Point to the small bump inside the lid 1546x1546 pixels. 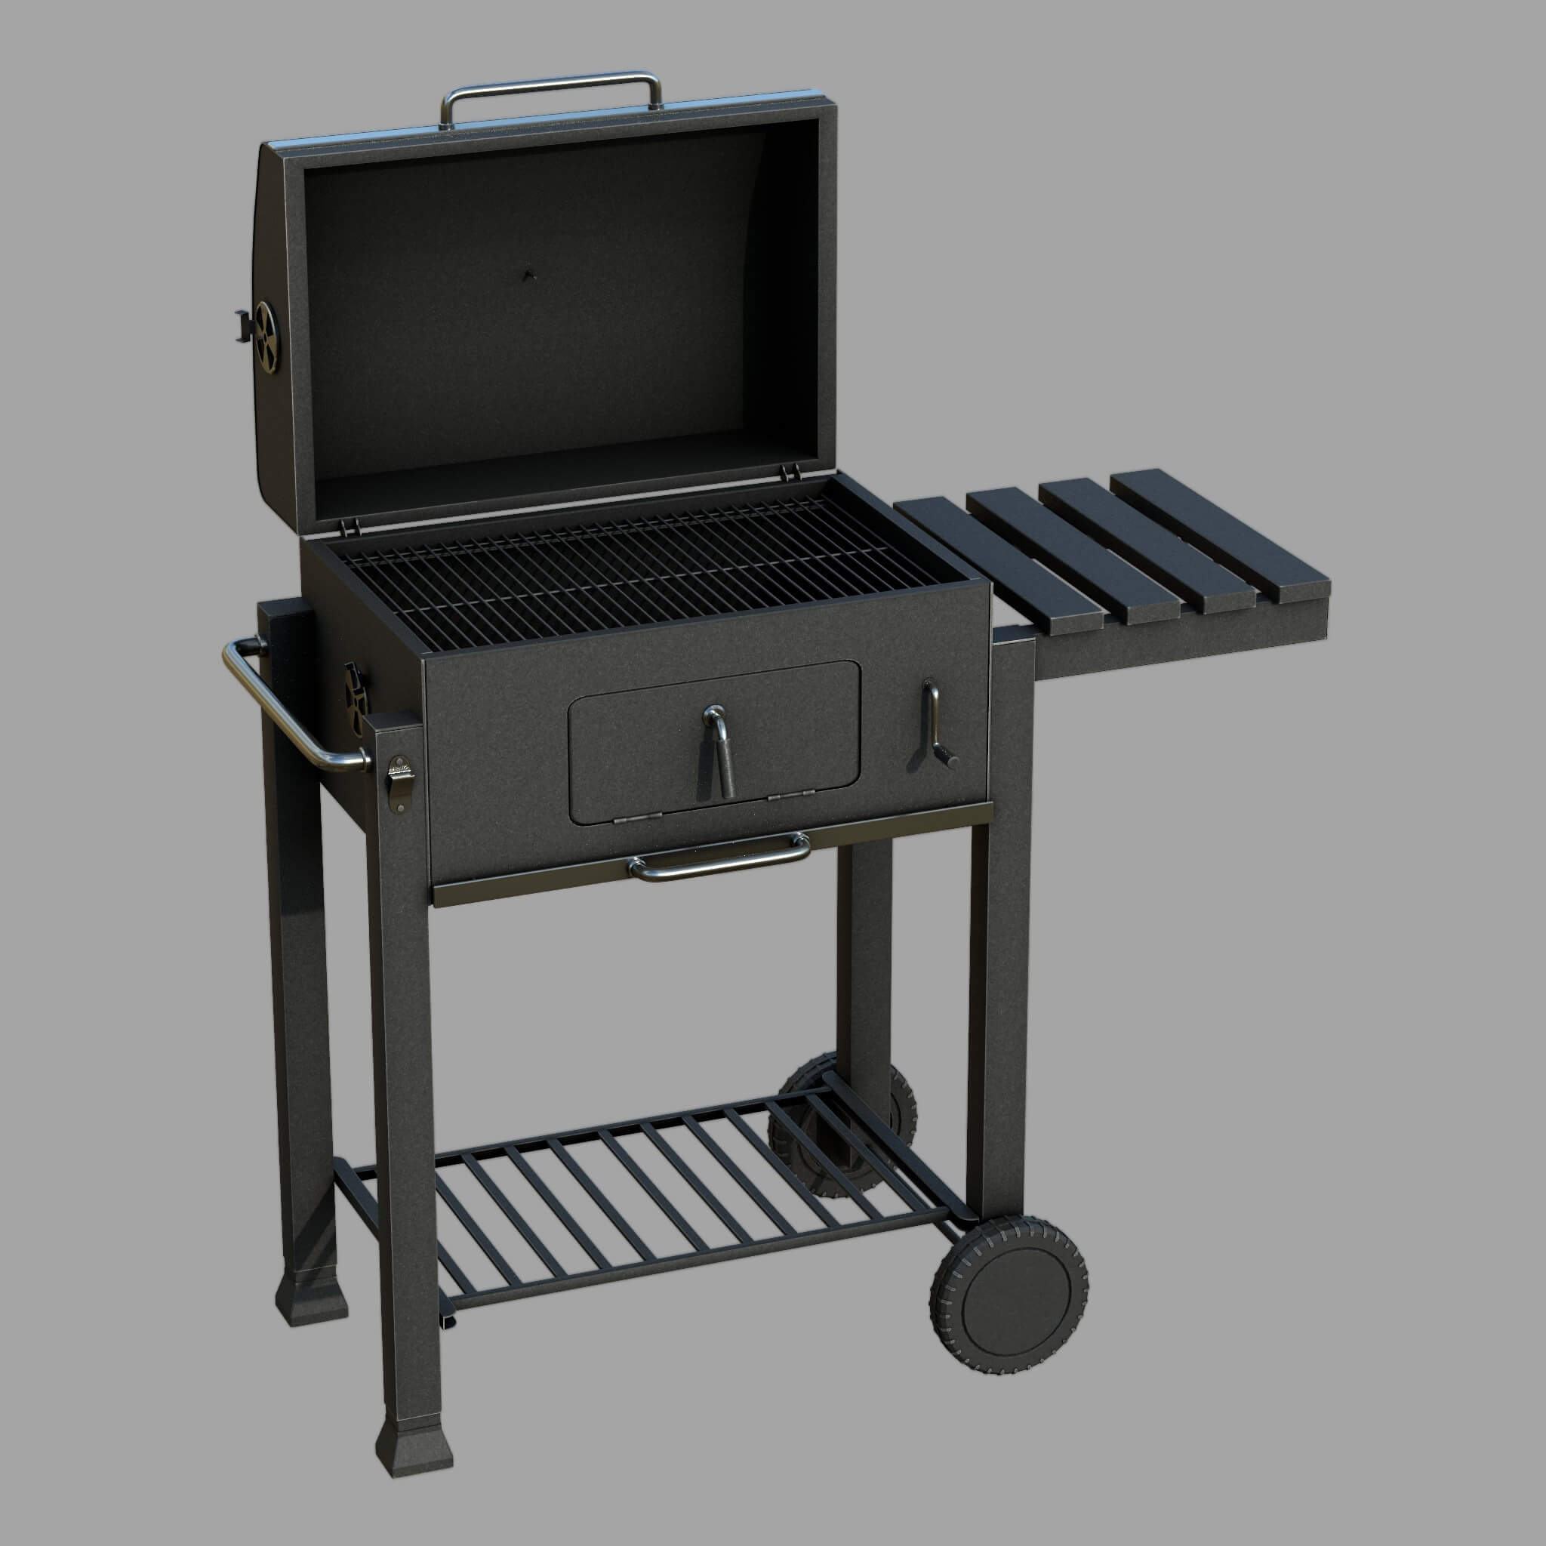527,275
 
